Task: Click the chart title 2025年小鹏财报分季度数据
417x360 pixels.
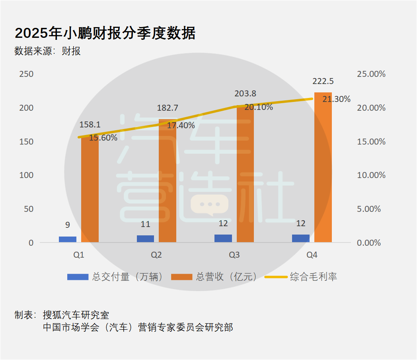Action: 105,33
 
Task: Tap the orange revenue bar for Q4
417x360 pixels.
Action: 323,167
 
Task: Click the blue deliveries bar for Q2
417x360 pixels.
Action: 145,239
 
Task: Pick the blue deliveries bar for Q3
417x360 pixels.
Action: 223,238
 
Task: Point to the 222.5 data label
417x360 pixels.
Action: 323,81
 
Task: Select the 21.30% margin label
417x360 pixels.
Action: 336,99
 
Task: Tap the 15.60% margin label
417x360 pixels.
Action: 103,138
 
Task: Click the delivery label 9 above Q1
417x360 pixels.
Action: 68,225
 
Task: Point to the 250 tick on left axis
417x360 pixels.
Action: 27,74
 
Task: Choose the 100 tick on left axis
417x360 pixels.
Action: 27,175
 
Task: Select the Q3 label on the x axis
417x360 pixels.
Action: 234,255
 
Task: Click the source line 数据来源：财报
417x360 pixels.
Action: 47,51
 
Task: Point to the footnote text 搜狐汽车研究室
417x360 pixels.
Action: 76,315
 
